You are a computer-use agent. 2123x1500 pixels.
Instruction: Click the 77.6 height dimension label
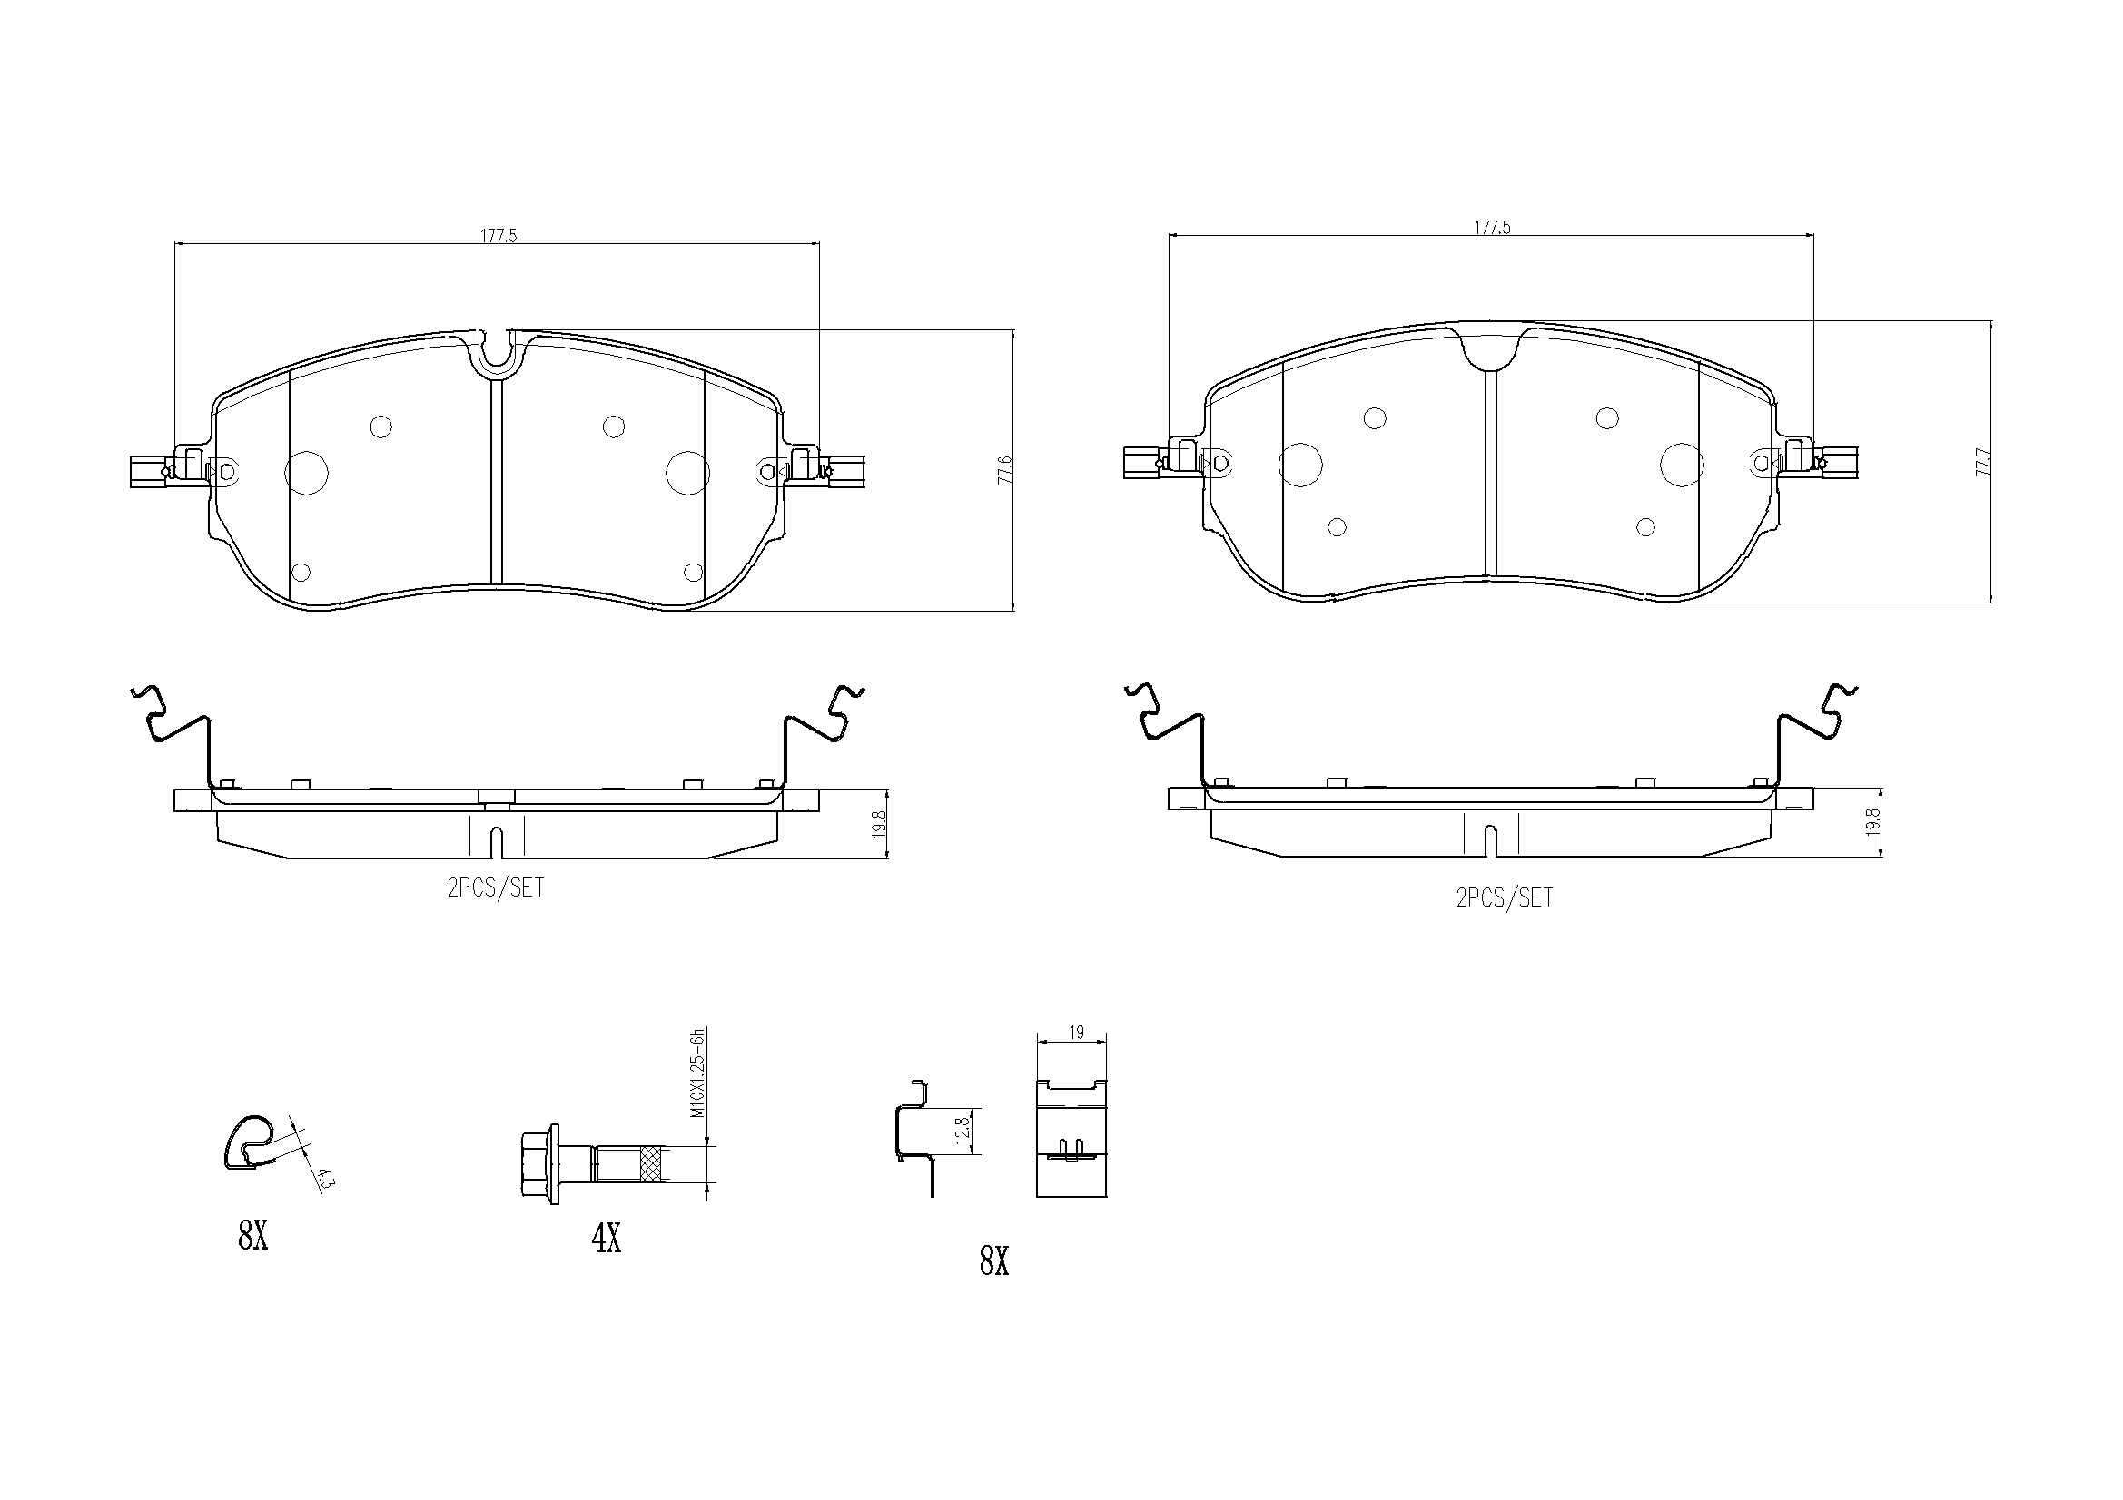1006,469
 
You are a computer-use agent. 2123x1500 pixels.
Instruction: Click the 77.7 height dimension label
1981,462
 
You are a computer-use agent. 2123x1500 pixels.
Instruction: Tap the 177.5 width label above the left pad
499,236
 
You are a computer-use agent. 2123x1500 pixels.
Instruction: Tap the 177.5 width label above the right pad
1492,228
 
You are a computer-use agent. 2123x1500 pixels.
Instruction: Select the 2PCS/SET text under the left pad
496,888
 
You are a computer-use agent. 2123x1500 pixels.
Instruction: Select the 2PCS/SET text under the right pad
1505,897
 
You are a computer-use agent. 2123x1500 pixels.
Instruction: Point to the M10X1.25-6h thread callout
699,1073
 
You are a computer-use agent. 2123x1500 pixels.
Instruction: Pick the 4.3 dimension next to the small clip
323,1180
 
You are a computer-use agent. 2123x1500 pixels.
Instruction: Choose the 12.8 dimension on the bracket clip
963,1132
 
